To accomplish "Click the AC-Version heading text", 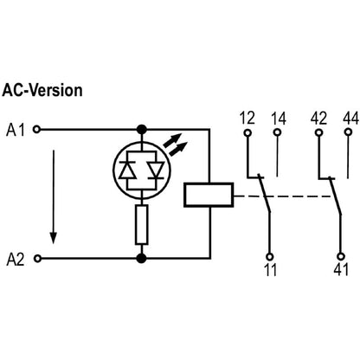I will coord(42,90).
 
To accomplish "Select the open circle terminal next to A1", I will coord(35,131).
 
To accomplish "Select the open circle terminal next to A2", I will coord(35,258).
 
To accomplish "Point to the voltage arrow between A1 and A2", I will coord(54,195).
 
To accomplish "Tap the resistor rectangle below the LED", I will coord(140,225).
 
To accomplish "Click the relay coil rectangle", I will coord(209,195).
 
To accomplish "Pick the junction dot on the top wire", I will coord(140,131).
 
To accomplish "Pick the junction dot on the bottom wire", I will coord(140,258).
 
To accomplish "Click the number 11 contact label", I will coord(269,271).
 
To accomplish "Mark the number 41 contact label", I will coord(340,271).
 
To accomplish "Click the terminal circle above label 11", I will coord(269,256).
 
